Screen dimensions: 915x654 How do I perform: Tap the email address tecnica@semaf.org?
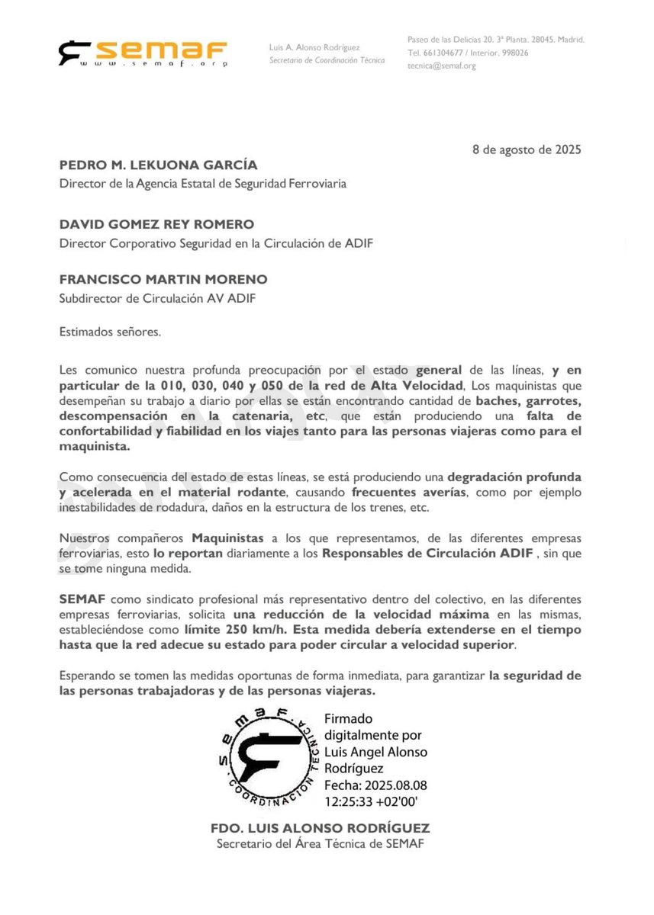pyautogui.click(x=442, y=66)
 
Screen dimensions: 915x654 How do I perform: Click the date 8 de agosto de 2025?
pyautogui.click(x=527, y=149)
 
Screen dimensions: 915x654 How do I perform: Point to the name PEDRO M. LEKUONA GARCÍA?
pyautogui.click(x=158, y=165)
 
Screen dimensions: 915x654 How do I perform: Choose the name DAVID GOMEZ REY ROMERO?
pyautogui.click(x=156, y=225)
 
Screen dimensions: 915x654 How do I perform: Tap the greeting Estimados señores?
pyautogui.click(x=111, y=332)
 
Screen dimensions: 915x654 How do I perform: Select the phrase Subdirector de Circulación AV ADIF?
pyautogui.click(x=157, y=298)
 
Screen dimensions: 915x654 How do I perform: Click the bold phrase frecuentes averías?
pyautogui.click(x=401, y=493)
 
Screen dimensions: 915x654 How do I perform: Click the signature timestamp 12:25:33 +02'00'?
pyautogui.click(x=372, y=801)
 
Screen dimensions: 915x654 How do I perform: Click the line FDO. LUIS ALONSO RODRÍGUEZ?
pyautogui.click(x=320, y=828)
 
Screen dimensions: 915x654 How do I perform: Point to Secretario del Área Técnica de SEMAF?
pyautogui.click(x=320, y=844)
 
